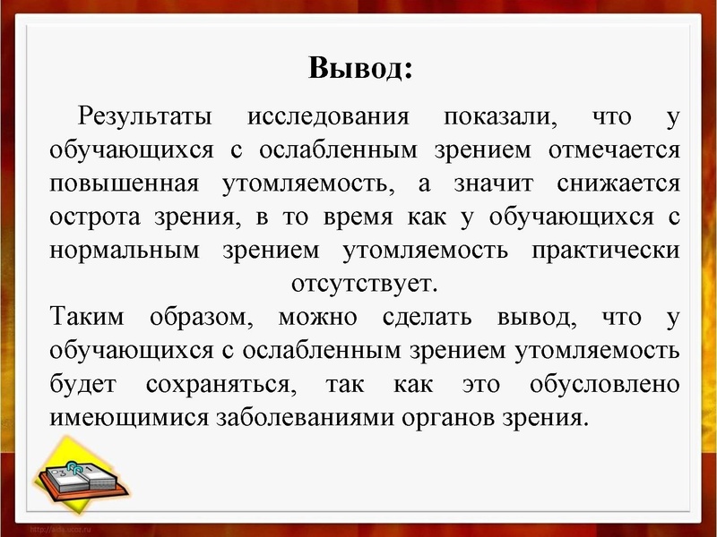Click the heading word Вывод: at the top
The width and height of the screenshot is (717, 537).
(x=360, y=69)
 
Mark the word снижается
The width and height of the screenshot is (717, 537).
(x=618, y=183)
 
